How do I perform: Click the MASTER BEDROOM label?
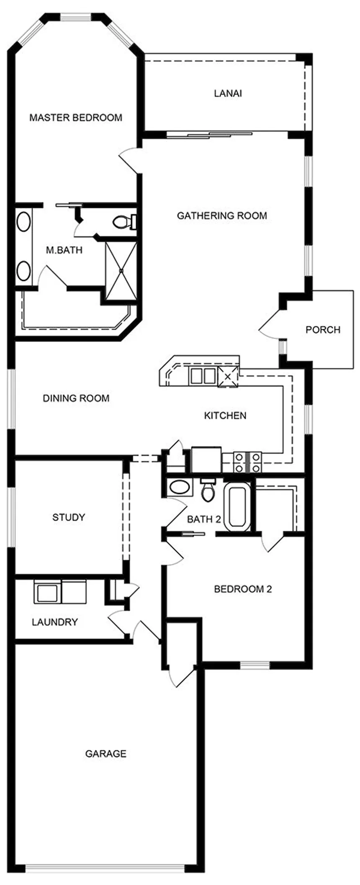76,118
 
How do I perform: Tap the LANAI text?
228,93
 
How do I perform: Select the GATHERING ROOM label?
222,216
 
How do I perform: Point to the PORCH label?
323,330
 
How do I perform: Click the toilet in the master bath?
124,221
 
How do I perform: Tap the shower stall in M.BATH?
121,271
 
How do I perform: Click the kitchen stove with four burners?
247,462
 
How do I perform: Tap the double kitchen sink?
202,375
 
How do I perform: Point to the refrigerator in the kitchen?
206,460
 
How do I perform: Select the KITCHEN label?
225,416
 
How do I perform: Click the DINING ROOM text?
76,398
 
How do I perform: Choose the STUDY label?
69,517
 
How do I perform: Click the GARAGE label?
105,754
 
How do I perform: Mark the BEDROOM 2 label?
243,589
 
